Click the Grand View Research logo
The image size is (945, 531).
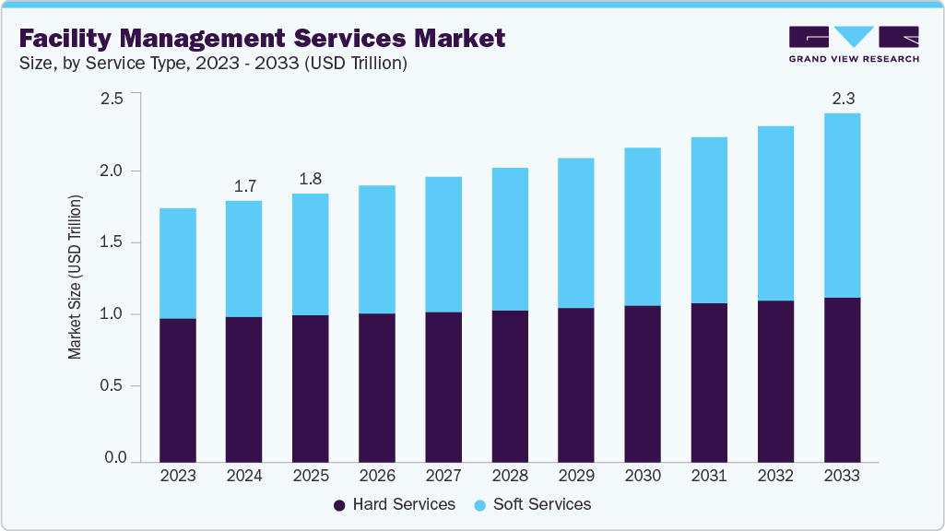tap(854, 43)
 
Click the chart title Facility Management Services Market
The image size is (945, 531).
tap(263, 38)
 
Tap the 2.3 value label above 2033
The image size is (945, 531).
tap(842, 98)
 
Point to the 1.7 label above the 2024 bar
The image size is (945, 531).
tap(244, 186)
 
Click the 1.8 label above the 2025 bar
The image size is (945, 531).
tap(311, 179)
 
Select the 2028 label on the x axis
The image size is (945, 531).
tap(510, 476)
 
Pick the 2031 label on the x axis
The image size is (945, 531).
tap(709, 476)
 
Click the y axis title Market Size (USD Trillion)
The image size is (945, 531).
tap(75, 277)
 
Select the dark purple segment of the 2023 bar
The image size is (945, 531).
tap(178, 390)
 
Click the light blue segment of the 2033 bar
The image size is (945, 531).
tap(842, 205)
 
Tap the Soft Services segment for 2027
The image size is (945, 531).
tap(443, 244)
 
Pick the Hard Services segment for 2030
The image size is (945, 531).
tap(643, 383)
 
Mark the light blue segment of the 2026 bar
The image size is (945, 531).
tap(377, 249)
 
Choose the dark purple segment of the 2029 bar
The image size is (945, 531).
tap(576, 384)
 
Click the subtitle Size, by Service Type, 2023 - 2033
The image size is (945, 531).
tap(213, 64)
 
